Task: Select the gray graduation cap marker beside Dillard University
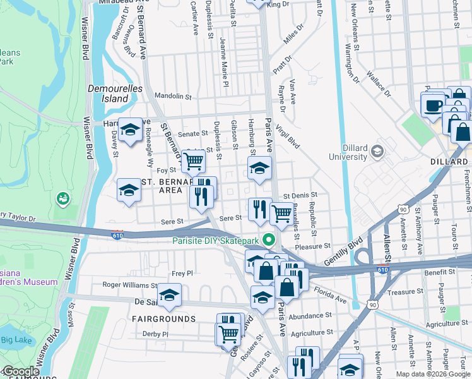[377, 151]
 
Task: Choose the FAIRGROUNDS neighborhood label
[163, 319]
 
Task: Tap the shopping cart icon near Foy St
[193, 162]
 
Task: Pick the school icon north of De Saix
[169, 294]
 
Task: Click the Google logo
[21, 372]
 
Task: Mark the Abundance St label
[310, 315]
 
